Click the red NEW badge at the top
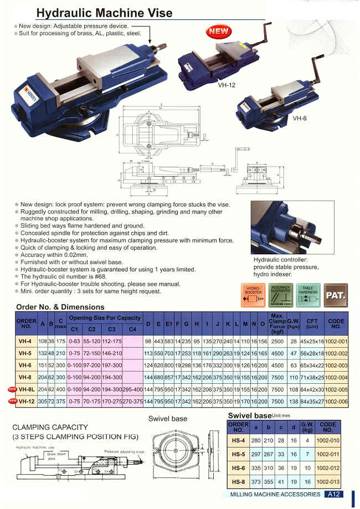click(x=219, y=32)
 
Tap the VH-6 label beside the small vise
click(x=300, y=118)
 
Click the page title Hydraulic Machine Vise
click(x=104, y=13)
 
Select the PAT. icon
click(x=336, y=295)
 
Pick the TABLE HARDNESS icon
click(x=308, y=295)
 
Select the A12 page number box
click(x=334, y=494)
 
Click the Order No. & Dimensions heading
click(x=59, y=306)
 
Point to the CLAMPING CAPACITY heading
click(x=50, y=427)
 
